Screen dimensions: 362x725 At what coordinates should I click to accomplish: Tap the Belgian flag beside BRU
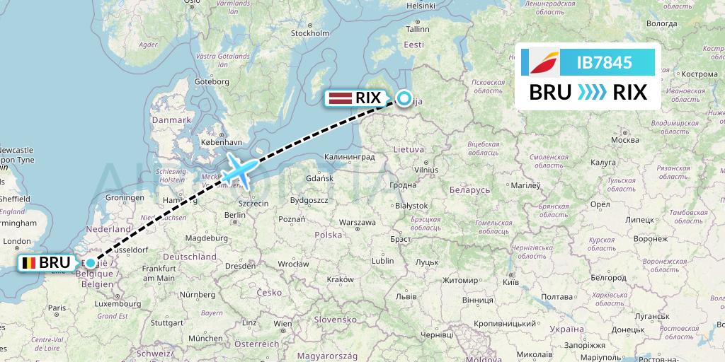click(x=29, y=263)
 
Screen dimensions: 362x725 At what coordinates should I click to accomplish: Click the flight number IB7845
click(x=604, y=62)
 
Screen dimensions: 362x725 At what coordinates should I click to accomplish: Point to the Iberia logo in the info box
click(x=544, y=62)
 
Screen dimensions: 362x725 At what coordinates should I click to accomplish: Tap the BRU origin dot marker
click(x=91, y=263)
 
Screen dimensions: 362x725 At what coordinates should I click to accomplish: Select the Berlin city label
click(x=234, y=215)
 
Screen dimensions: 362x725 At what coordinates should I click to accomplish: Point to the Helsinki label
click(x=421, y=6)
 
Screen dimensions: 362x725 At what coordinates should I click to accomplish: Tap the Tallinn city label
click(x=418, y=29)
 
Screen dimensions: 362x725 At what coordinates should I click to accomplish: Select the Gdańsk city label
click(x=319, y=178)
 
